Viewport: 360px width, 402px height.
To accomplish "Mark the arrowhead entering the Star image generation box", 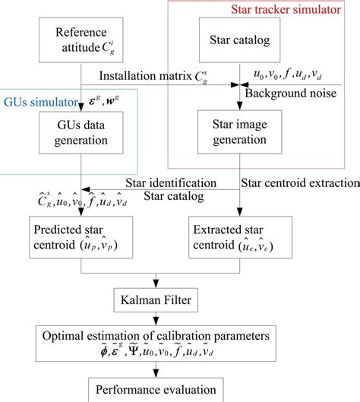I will tap(240, 109).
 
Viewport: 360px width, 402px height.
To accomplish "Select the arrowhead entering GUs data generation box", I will tap(81, 109).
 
